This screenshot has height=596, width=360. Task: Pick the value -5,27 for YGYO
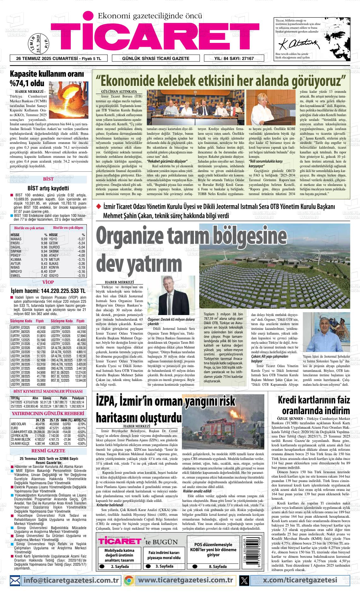(81, 239)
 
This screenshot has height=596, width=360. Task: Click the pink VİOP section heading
(48, 282)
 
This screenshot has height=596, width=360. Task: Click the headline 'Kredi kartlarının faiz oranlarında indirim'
(314, 405)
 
